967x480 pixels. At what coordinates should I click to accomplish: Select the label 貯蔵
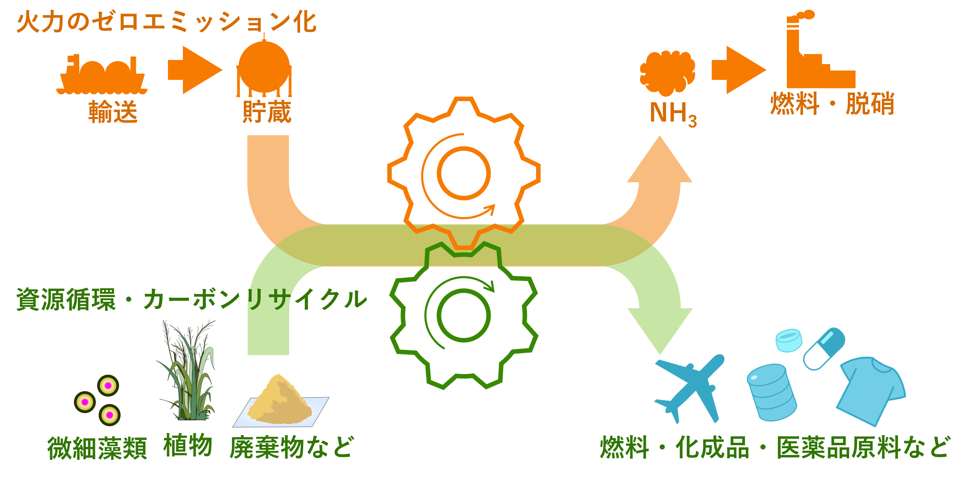coord(267,112)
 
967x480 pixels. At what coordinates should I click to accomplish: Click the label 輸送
coord(113,112)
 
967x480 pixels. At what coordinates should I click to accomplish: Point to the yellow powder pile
coord(280,402)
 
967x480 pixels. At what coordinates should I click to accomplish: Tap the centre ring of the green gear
coord(464,315)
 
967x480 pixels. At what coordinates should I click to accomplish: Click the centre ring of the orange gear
coord(464,173)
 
